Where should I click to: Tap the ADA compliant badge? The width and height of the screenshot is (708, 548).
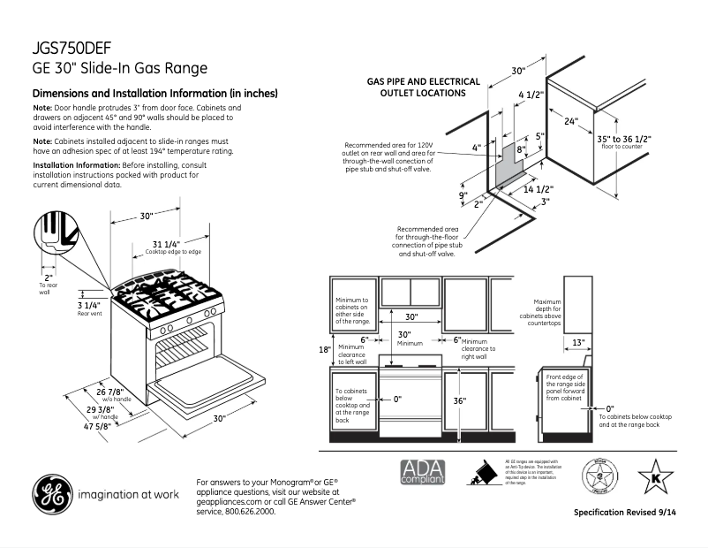[423, 473]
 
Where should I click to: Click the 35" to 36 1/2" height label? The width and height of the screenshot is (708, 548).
[623, 139]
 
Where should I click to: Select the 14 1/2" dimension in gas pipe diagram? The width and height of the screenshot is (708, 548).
[538, 189]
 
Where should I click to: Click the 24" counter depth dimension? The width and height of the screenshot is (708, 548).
[570, 121]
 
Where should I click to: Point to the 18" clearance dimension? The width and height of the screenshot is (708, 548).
[324, 349]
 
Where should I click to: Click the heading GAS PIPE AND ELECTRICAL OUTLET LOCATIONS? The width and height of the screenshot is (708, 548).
[423, 87]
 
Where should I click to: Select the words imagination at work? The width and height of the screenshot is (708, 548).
[124, 495]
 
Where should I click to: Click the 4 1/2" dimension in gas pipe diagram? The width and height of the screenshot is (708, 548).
[530, 95]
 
